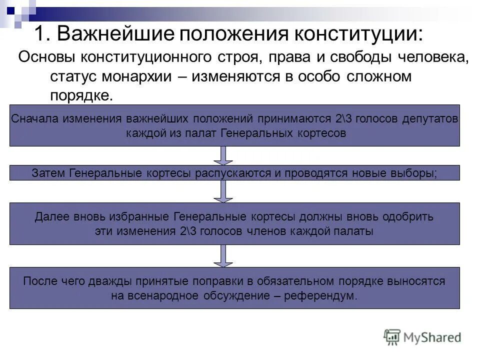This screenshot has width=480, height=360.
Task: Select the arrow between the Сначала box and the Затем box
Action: pyautogui.click(x=223, y=155)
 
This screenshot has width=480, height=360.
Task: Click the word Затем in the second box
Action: pyautogui.click(x=49, y=173)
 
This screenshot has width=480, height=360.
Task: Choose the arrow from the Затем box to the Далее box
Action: pyautogui.click(x=223, y=191)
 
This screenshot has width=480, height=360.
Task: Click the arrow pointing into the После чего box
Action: pyautogui.click(x=223, y=255)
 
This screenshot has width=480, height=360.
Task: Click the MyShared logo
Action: pyautogui.click(x=422, y=337)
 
